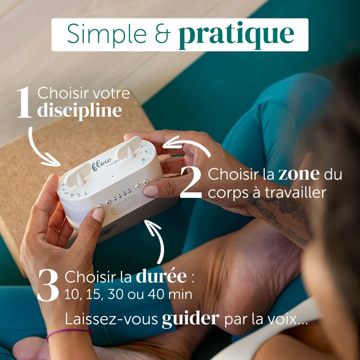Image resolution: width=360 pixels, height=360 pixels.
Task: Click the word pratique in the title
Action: click(x=236, y=35)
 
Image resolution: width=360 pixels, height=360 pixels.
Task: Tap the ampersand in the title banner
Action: click(x=162, y=33)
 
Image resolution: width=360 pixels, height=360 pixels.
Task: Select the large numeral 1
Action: click(x=24, y=103)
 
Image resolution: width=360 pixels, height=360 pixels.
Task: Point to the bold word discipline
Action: click(x=80, y=110)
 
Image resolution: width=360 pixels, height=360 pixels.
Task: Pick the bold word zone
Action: click(x=299, y=175)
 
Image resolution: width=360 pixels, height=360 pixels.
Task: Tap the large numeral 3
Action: click(x=48, y=285)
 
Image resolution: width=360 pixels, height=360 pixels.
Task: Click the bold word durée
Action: click(x=161, y=275)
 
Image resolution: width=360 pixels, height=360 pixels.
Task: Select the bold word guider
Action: click(x=190, y=319)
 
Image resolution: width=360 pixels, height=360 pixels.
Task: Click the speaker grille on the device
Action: click(x=126, y=205)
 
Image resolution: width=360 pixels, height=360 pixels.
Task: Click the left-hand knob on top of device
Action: click(x=78, y=175)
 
